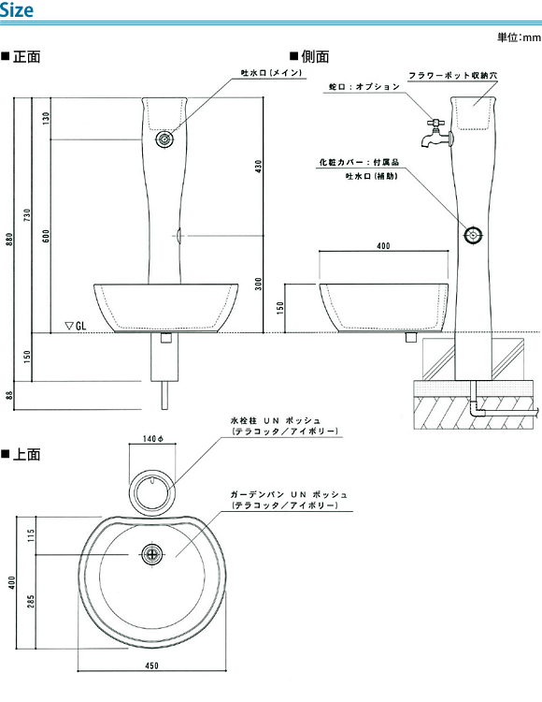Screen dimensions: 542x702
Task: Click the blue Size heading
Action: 17,10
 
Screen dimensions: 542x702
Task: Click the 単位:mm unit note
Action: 519,37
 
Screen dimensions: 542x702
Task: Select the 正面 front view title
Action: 21,57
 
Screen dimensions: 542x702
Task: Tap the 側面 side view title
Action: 310,56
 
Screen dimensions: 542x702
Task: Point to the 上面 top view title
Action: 21,454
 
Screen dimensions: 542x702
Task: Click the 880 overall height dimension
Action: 9,239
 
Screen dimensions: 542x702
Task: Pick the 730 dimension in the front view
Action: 28,215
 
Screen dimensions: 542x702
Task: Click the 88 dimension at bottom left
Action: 10,395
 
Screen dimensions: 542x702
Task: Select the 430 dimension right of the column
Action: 259,167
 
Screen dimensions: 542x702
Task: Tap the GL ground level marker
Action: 76,326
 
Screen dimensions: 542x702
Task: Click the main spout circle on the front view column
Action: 164,139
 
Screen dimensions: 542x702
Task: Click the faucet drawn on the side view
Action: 436,134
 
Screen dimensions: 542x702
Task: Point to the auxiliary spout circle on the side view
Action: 472,235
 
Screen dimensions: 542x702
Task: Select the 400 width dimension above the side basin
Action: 383,246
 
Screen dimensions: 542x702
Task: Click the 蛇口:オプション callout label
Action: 364,87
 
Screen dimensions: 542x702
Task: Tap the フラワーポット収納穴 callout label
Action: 452,75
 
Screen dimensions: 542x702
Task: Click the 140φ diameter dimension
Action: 153,439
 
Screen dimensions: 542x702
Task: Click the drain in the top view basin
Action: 152,554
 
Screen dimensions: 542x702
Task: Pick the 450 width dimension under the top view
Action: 152,665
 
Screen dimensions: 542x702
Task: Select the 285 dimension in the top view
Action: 31,601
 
